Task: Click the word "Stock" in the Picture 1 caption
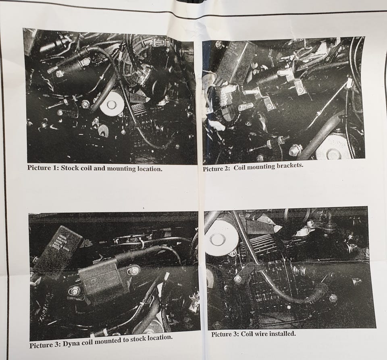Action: click(x=70, y=168)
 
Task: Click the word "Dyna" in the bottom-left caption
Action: click(x=70, y=344)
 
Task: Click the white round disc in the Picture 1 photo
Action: click(x=112, y=103)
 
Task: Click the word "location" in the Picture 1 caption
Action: click(x=149, y=169)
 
